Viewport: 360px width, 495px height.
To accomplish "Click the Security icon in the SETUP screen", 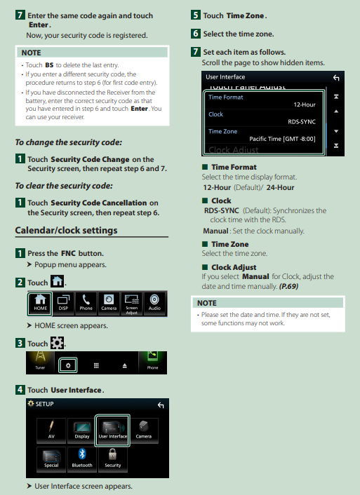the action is pos(113,459).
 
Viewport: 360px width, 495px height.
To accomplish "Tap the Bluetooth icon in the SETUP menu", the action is pos(82,459).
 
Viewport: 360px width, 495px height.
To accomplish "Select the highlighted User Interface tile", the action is pos(112,430).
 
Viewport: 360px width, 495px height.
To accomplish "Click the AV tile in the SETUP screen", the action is pos(51,430).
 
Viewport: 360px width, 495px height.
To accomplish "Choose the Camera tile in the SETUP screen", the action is pos(143,430).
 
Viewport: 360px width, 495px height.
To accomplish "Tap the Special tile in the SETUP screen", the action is pos(51,459).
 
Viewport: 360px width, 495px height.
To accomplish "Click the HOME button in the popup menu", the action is pos(40,304).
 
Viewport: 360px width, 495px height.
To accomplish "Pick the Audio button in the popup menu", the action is pos(154,304).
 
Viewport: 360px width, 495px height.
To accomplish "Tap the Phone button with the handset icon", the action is pos(86,304).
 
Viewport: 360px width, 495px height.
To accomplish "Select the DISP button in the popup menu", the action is pos(63,304).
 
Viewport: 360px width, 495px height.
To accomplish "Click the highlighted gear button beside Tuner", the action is pos(68,365).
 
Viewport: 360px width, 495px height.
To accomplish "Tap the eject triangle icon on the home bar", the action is pos(124,365).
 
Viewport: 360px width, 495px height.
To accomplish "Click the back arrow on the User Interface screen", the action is pos(336,78).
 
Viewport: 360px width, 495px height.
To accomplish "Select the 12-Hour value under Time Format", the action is pos(305,104).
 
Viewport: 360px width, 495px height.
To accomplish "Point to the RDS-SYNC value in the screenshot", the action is pos(302,122).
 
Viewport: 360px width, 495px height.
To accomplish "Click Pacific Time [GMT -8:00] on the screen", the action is pos(282,139).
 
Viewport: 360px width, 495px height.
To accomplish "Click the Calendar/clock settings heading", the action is pos(67,231).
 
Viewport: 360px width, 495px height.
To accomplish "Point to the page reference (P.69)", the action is pos(288,286).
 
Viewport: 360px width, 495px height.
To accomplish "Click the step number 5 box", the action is pos(196,15).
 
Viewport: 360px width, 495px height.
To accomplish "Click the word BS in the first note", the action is pos(49,65).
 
